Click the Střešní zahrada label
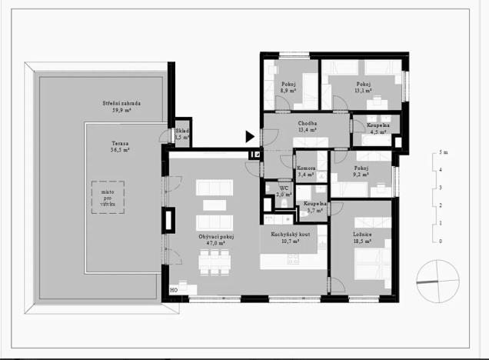click(x=121, y=106)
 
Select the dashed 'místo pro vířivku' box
click(x=106, y=198)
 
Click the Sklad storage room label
click(x=181, y=134)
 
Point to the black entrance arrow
click(x=250, y=137)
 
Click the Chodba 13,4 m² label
click(x=308, y=126)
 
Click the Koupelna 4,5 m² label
click(x=378, y=128)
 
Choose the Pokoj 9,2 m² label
click(x=361, y=172)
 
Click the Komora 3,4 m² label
click(x=308, y=172)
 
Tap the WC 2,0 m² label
click(x=284, y=191)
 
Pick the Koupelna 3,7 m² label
click(x=315, y=207)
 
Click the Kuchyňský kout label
click(x=289, y=236)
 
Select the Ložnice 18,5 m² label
click(x=361, y=236)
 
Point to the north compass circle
click(x=435, y=278)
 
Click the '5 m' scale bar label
click(x=442, y=152)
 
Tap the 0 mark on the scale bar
click(x=441, y=242)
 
